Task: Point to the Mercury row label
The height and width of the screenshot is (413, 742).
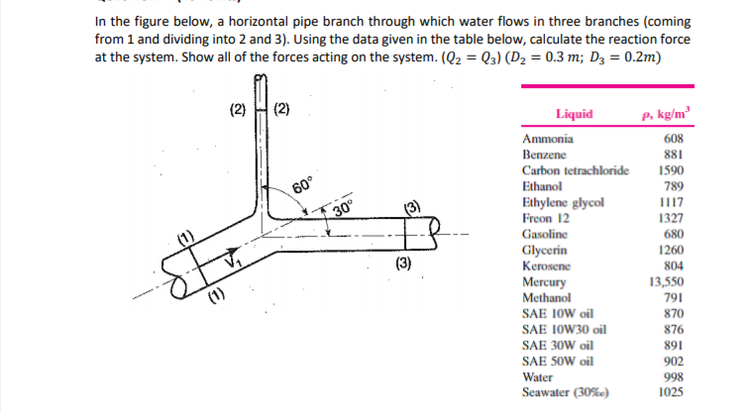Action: point(544,282)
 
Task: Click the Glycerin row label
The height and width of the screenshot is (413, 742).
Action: point(545,251)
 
